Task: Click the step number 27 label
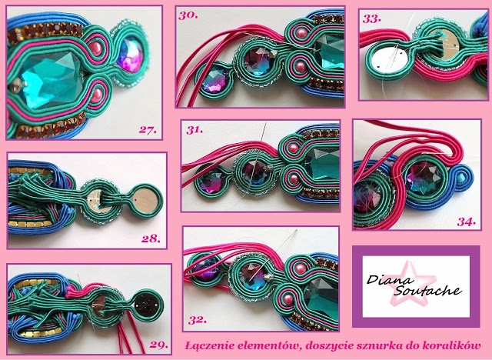(148, 130)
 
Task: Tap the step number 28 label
(151, 239)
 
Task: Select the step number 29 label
(159, 345)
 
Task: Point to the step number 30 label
(188, 15)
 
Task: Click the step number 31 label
(194, 130)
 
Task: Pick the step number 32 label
(198, 320)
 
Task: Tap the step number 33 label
(372, 18)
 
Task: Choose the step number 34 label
(467, 222)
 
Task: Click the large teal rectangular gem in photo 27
(51, 79)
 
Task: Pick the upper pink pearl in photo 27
(95, 48)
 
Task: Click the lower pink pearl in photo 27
(97, 95)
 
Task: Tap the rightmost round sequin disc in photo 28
(145, 200)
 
